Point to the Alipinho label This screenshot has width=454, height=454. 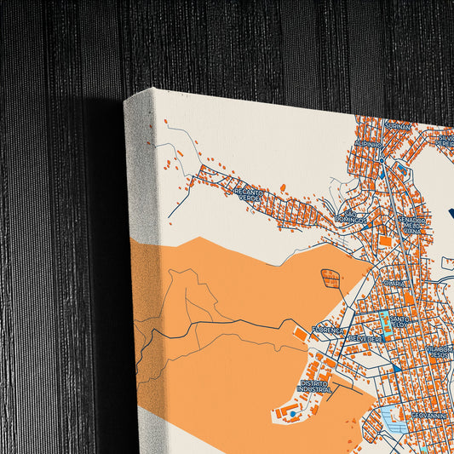(x=369, y=144)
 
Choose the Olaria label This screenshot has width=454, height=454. (x=394, y=282)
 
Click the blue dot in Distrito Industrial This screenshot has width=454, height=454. (x=291, y=414)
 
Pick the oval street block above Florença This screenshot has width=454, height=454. (x=330, y=277)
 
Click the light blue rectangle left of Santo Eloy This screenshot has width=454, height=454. (x=382, y=323)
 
